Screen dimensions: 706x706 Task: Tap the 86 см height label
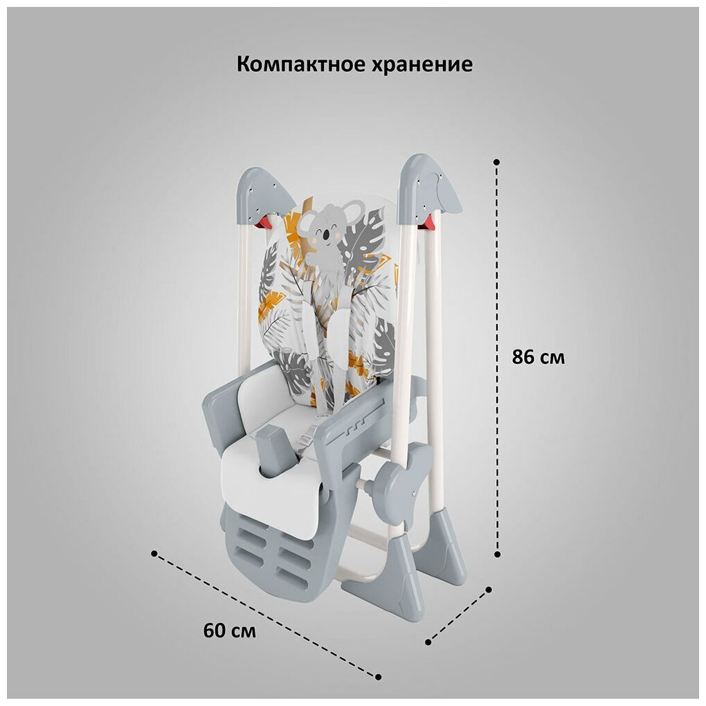click(538, 358)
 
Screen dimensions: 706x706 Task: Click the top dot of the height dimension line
click(496, 161)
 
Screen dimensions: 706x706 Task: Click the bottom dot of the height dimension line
click(496, 554)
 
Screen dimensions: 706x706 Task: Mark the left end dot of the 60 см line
click(154, 553)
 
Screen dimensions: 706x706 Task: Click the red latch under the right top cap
click(429, 221)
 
